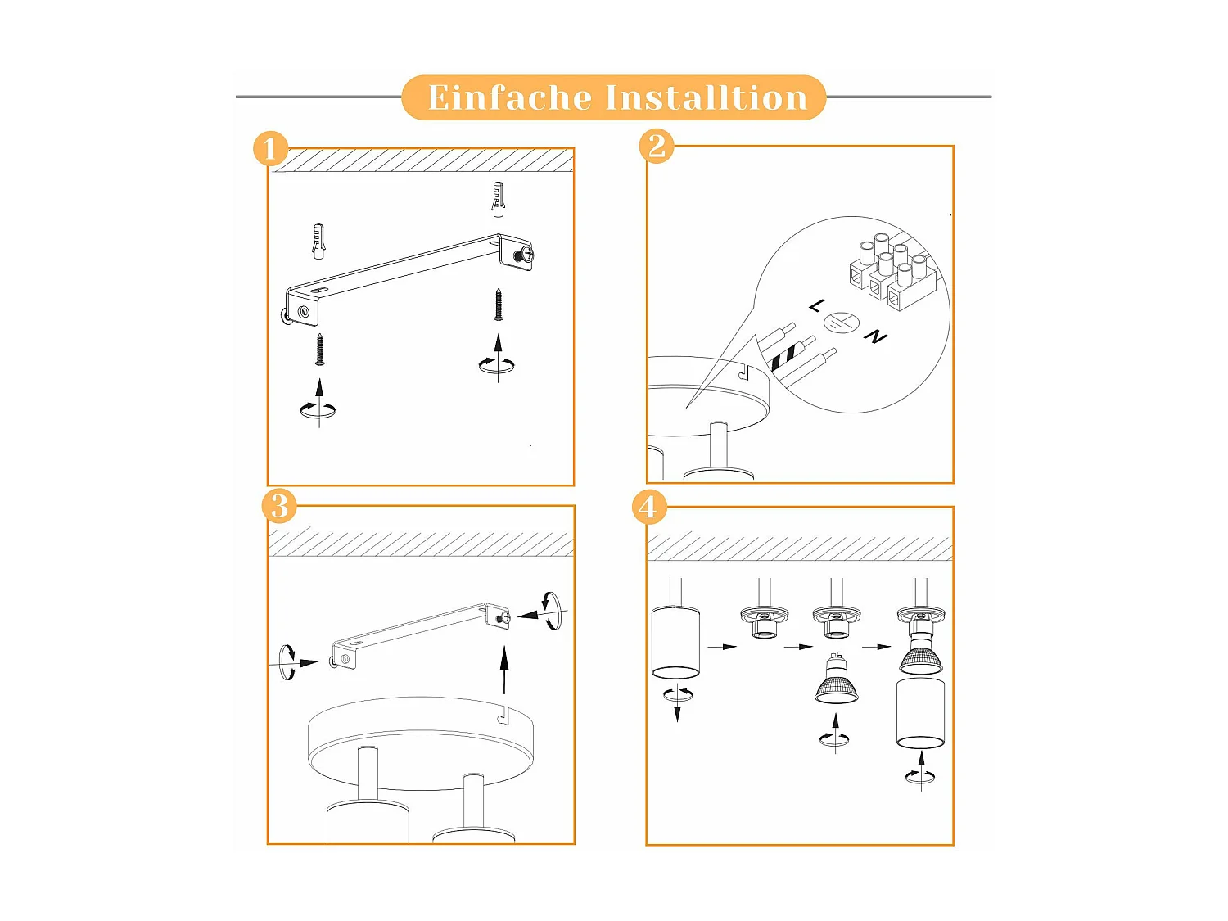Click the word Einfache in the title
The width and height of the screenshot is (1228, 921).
[510, 97]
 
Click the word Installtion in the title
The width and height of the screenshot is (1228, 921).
[707, 97]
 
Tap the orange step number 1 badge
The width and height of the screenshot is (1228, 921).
[270, 148]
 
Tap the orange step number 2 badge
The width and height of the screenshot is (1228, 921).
[657, 146]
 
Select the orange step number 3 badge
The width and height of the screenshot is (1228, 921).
[279, 505]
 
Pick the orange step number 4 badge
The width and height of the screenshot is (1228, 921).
[649, 508]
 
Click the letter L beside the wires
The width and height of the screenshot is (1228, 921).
[817, 306]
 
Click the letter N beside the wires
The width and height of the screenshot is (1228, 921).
[875, 336]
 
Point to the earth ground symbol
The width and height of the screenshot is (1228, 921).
[842, 322]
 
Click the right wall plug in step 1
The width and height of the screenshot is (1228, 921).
[498, 199]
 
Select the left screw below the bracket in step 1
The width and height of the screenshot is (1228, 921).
[319, 350]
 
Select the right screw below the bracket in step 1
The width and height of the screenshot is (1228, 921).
[498, 305]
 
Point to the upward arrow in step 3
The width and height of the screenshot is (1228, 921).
[504, 670]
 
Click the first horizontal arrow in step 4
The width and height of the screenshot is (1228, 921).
[722, 647]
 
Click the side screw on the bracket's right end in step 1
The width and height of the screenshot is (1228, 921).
[524, 255]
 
